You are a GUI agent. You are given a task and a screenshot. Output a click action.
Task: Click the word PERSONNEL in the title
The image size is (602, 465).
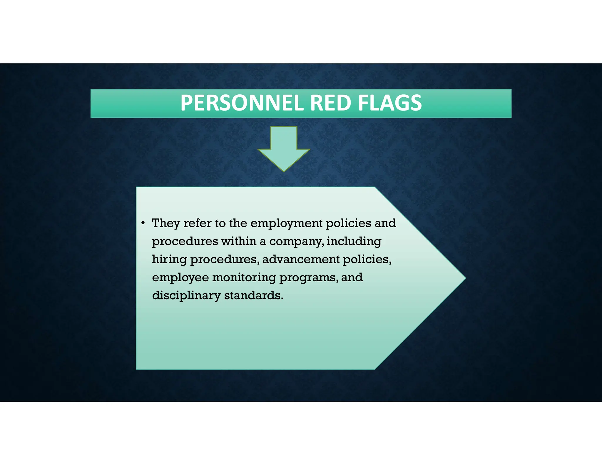(243, 103)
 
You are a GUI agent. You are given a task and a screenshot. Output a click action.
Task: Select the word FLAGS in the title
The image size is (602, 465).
(390, 103)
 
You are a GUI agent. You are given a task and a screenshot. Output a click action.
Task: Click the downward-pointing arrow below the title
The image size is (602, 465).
(284, 148)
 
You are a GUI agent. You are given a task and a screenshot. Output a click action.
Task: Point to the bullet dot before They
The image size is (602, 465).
(143, 223)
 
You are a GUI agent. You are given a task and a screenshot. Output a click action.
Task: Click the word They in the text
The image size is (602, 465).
(166, 223)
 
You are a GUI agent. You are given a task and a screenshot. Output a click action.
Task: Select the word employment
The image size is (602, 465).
(286, 224)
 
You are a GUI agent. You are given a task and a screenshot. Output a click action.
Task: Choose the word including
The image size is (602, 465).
(354, 242)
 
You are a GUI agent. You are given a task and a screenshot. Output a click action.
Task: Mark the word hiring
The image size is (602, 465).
(169, 260)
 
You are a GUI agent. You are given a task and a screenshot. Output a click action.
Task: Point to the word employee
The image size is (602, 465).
(180, 278)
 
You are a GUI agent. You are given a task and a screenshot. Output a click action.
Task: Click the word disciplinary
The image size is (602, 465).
(186, 296)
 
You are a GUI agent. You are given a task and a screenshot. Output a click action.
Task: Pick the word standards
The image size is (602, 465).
(254, 295)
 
